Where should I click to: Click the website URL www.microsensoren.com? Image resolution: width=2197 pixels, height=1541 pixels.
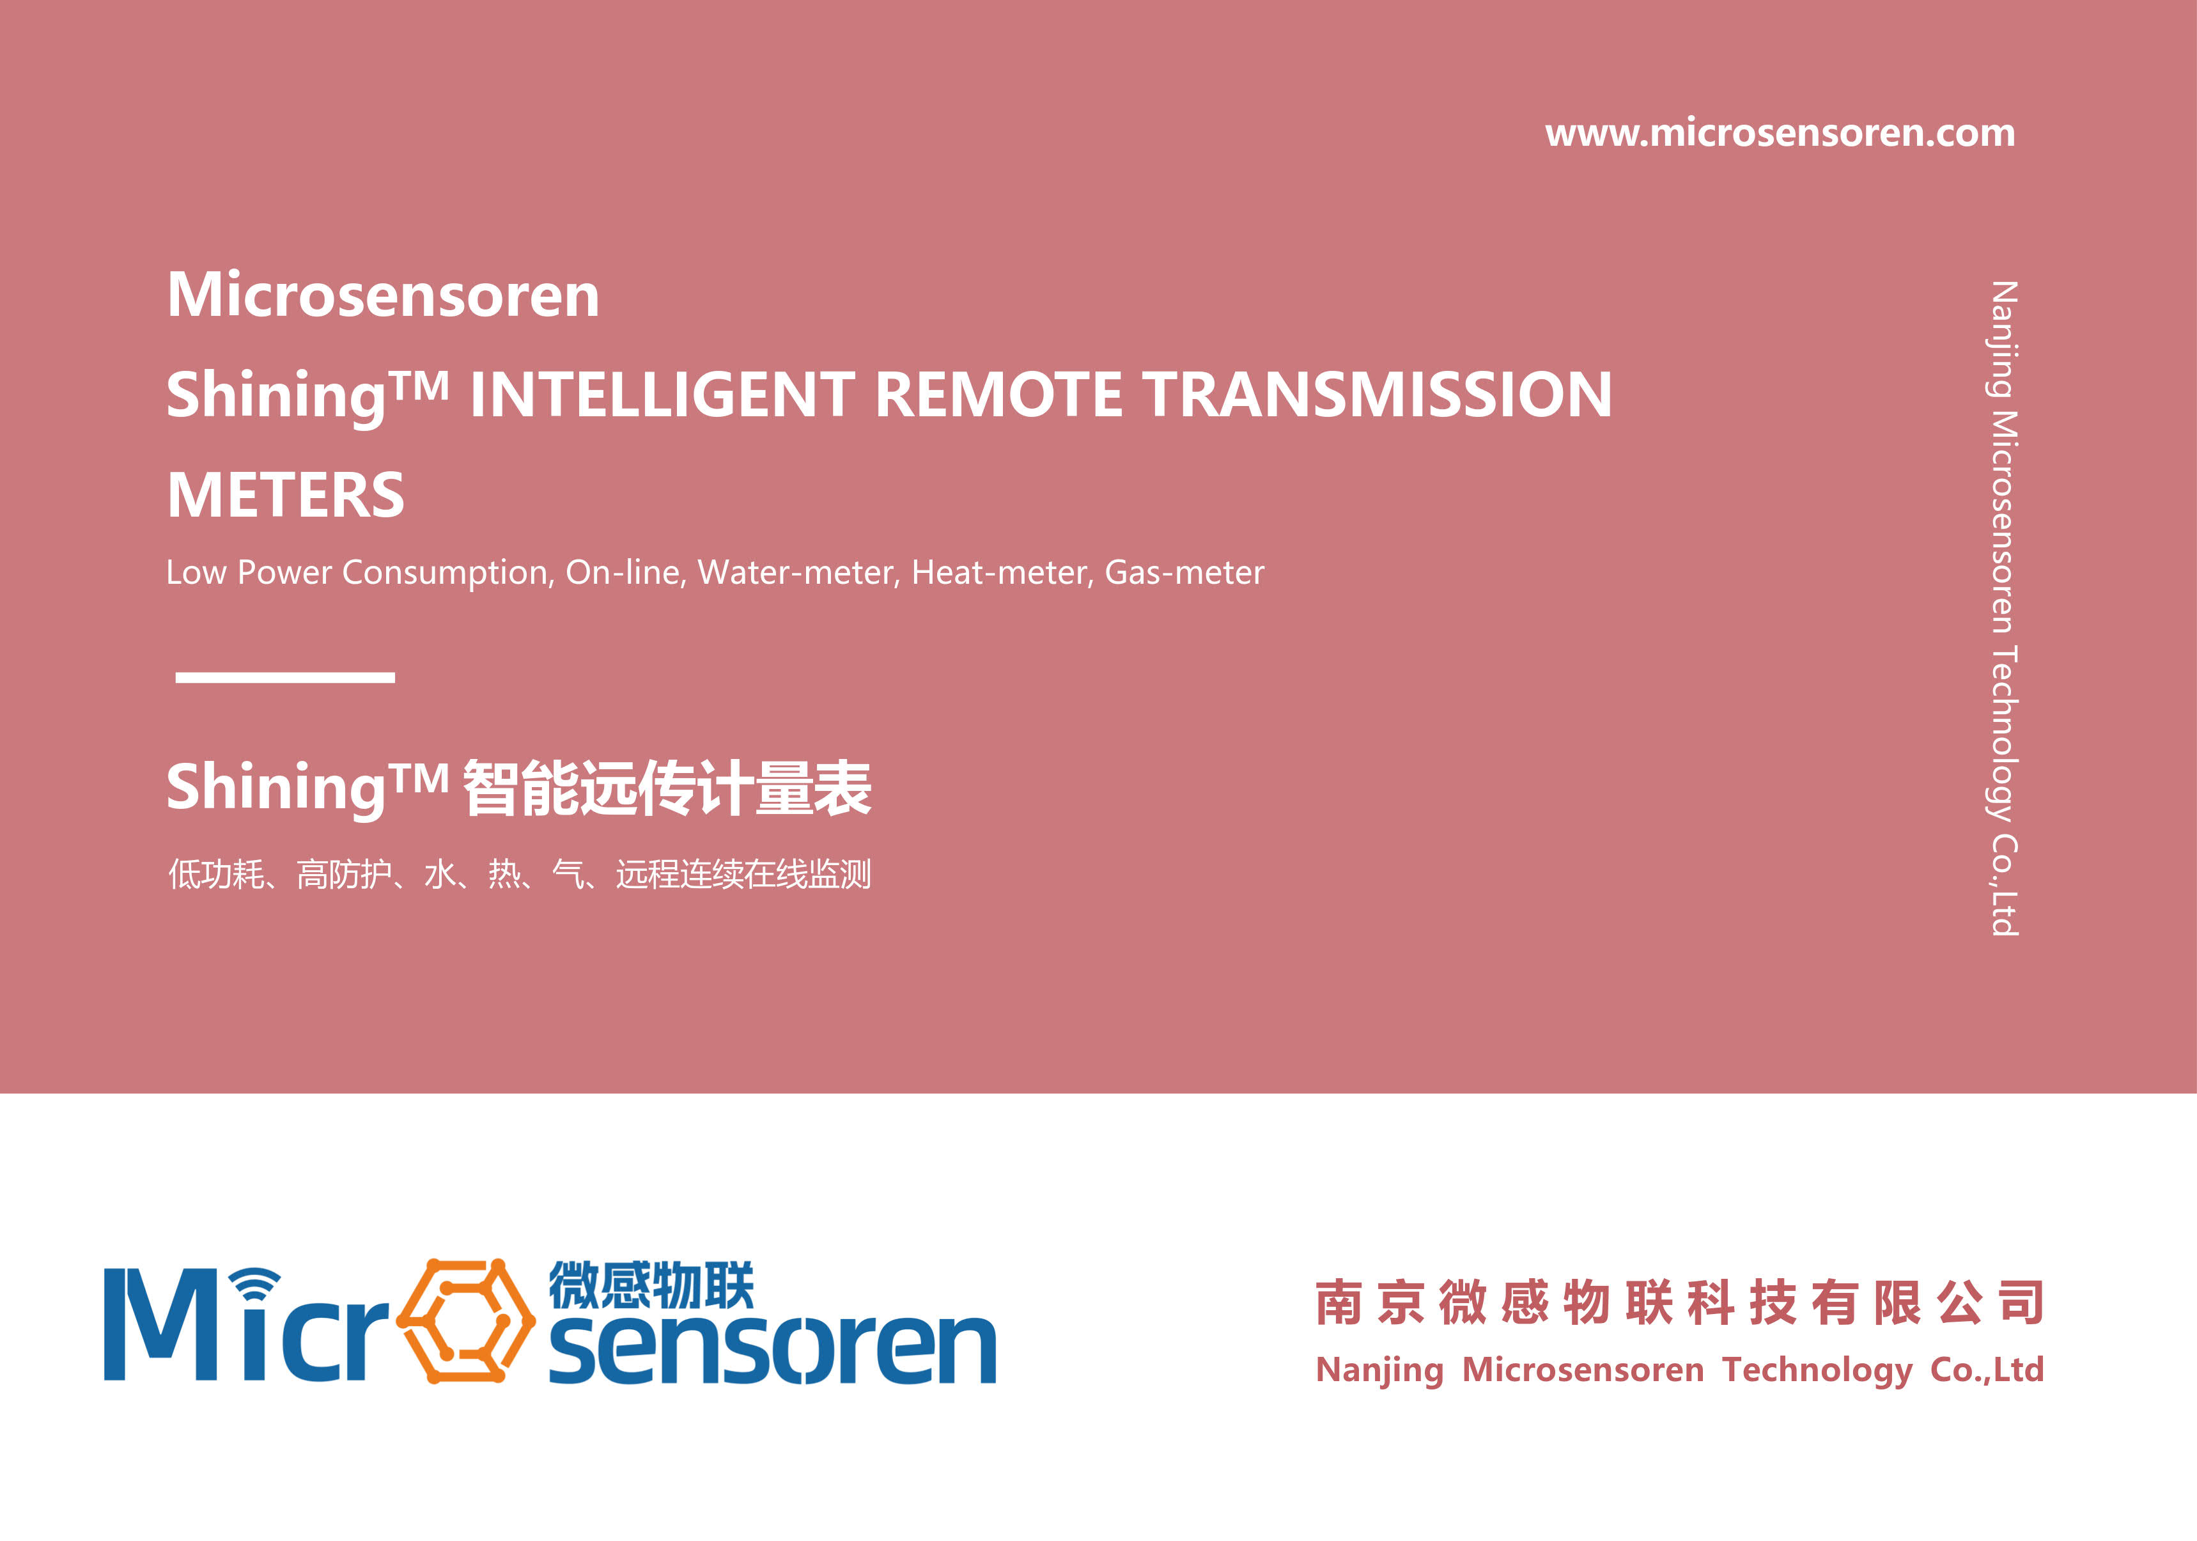click(1780, 133)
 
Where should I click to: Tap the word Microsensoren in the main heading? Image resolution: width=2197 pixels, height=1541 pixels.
click(383, 294)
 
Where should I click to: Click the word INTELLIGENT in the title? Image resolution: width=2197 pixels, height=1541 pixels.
click(662, 395)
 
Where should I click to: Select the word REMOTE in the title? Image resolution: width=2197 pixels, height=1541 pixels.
click(999, 395)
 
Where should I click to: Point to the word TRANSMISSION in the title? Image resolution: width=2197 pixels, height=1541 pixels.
click(1378, 395)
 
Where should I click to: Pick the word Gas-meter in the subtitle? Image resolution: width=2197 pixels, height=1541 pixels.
click(1184, 572)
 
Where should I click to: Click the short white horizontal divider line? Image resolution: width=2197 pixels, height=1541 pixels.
click(285, 677)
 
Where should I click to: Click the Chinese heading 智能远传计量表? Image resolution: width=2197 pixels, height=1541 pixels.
click(667, 788)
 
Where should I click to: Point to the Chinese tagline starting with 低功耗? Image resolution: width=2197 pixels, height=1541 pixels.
click(520, 874)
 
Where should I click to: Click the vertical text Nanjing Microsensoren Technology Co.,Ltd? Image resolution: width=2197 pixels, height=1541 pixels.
click(2003, 608)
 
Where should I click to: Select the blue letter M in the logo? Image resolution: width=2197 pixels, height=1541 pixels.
click(160, 1325)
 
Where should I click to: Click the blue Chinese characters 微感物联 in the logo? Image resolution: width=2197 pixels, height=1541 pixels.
click(651, 1285)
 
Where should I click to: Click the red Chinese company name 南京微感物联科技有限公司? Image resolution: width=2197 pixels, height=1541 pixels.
click(1679, 1302)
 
